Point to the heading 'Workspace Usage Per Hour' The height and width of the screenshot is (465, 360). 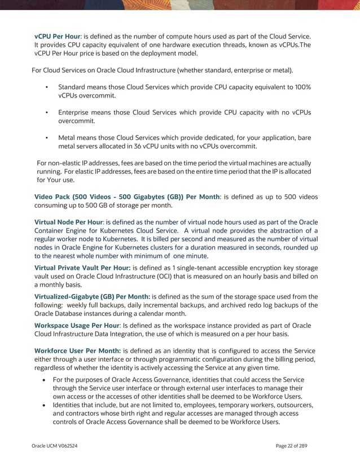pyautogui.click(x=77, y=326)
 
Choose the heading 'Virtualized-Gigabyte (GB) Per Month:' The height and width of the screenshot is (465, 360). pyautogui.click(x=92, y=296)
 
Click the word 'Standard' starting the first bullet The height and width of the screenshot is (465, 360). pyautogui.click(x=73, y=87)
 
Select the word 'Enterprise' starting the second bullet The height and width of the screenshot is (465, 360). pyautogui.click(x=76, y=112)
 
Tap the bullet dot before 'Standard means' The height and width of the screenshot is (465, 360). pyautogui.click(x=46, y=87)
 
